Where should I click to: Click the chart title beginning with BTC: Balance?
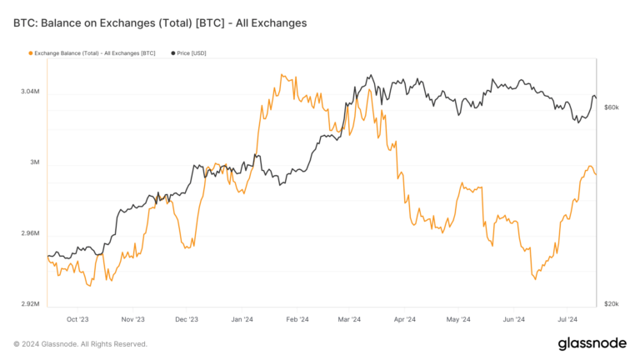160,23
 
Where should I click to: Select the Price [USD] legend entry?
188,53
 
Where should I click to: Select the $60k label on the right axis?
612,107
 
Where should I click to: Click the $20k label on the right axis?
612,304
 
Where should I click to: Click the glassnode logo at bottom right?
592,344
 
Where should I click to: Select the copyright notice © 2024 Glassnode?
80,344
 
